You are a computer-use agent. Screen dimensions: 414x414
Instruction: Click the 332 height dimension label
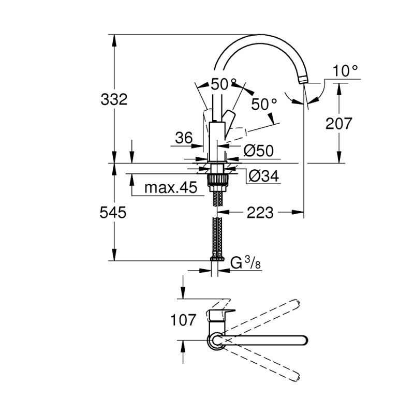click(x=113, y=99)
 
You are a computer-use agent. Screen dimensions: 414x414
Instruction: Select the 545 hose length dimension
click(x=113, y=213)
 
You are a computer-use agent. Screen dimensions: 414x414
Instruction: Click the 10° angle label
click(x=345, y=71)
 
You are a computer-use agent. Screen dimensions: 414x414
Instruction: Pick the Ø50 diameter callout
click(x=258, y=151)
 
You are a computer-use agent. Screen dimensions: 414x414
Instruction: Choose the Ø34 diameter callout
click(x=263, y=177)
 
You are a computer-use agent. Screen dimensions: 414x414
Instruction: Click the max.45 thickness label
click(x=171, y=187)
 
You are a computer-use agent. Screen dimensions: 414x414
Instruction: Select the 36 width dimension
click(x=183, y=138)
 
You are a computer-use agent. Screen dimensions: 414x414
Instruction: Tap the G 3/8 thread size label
click(x=246, y=263)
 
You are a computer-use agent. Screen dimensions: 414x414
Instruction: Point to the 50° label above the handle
click(x=224, y=84)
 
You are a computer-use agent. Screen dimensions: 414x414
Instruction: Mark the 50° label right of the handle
click(x=264, y=104)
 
